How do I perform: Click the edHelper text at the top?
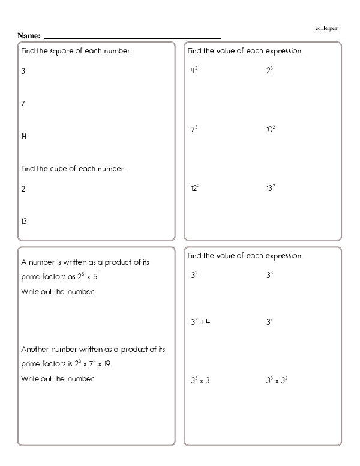click(327, 28)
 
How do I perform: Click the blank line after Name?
click(132, 37)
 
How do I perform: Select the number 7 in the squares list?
click(23, 104)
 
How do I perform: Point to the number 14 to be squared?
click(23, 136)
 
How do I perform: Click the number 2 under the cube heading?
click(23, 189)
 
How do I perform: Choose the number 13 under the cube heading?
click(23, 221)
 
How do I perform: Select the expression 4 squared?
click(194, 71)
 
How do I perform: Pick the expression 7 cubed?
click(194, 129)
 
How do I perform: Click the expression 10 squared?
click(271, 129)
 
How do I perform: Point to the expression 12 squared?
click(195, 188)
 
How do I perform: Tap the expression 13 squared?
click(271, 188)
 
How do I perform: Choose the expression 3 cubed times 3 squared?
click(278, 380)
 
